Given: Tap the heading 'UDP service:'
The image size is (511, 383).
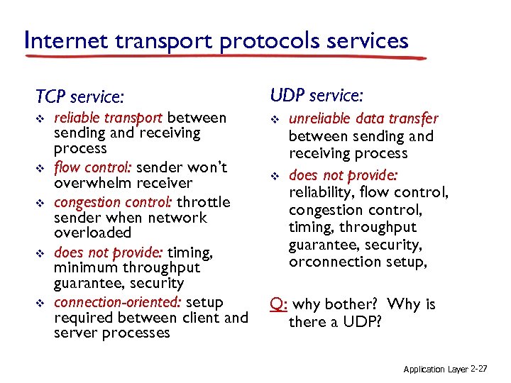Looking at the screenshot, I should click(x=317, y=94).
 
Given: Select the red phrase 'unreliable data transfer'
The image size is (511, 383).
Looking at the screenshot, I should click(x=363, y=119).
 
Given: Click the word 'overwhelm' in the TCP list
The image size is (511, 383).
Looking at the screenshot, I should click(x=91, y=183).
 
